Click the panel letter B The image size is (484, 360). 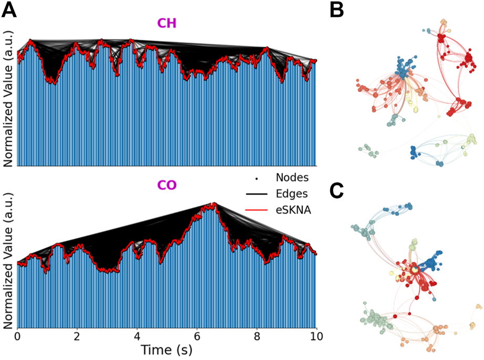coord(336,10)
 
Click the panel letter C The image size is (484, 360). coord(336,192)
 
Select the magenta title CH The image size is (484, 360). coord(166,24)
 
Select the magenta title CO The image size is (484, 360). coord(166,186)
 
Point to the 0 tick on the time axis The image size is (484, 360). coord(18,336)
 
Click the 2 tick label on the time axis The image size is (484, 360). coord(77,336)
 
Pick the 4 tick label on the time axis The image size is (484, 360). coord(137,336)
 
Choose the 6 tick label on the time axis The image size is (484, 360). coord(197,336)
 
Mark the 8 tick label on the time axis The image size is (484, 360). coord(257,336)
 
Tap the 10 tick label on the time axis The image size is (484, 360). coord(315,336)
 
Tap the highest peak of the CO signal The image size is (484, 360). coord(213,203)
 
